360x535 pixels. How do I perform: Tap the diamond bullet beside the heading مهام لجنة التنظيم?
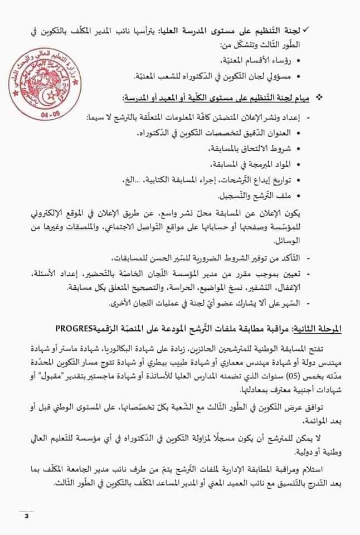click(x=335, y=98)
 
